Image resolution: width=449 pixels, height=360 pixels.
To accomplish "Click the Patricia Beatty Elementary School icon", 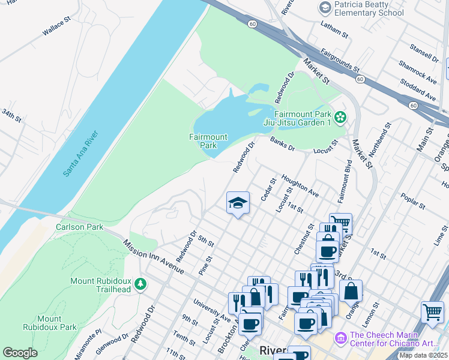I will (325, 8).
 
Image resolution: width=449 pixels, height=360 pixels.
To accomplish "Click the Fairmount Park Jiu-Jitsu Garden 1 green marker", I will (341, 118).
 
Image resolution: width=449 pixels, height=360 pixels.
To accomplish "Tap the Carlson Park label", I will (80, 227).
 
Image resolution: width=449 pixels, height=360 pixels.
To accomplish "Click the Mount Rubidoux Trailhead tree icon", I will (140, 283).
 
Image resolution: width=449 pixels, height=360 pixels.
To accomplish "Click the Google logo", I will (20, 353).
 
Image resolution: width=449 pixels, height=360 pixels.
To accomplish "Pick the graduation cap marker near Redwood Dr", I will (238, 203).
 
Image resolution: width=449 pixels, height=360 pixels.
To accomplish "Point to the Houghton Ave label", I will (300, 186).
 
